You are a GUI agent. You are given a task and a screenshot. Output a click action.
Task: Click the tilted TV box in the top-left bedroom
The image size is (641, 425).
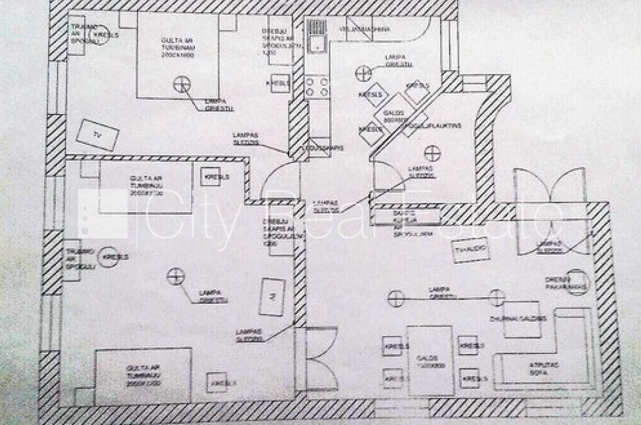97,136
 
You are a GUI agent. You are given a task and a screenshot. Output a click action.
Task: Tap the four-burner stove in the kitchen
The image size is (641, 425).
317,86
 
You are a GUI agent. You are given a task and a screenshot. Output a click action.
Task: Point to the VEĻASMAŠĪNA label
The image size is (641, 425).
364,29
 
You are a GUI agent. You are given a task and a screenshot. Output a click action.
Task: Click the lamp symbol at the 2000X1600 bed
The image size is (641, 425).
181,84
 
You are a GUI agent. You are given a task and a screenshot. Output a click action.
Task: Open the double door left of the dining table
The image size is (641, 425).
321,358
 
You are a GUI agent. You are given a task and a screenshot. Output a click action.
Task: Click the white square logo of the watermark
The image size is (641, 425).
104,213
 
